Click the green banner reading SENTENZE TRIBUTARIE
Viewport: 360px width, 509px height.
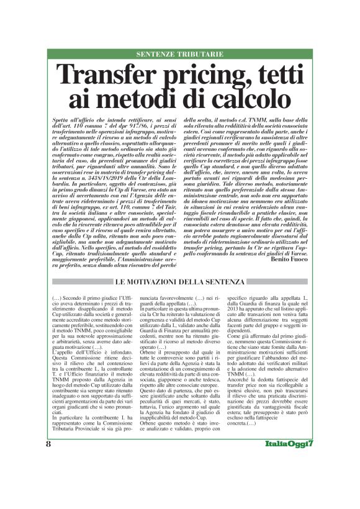[x=179, y=54]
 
